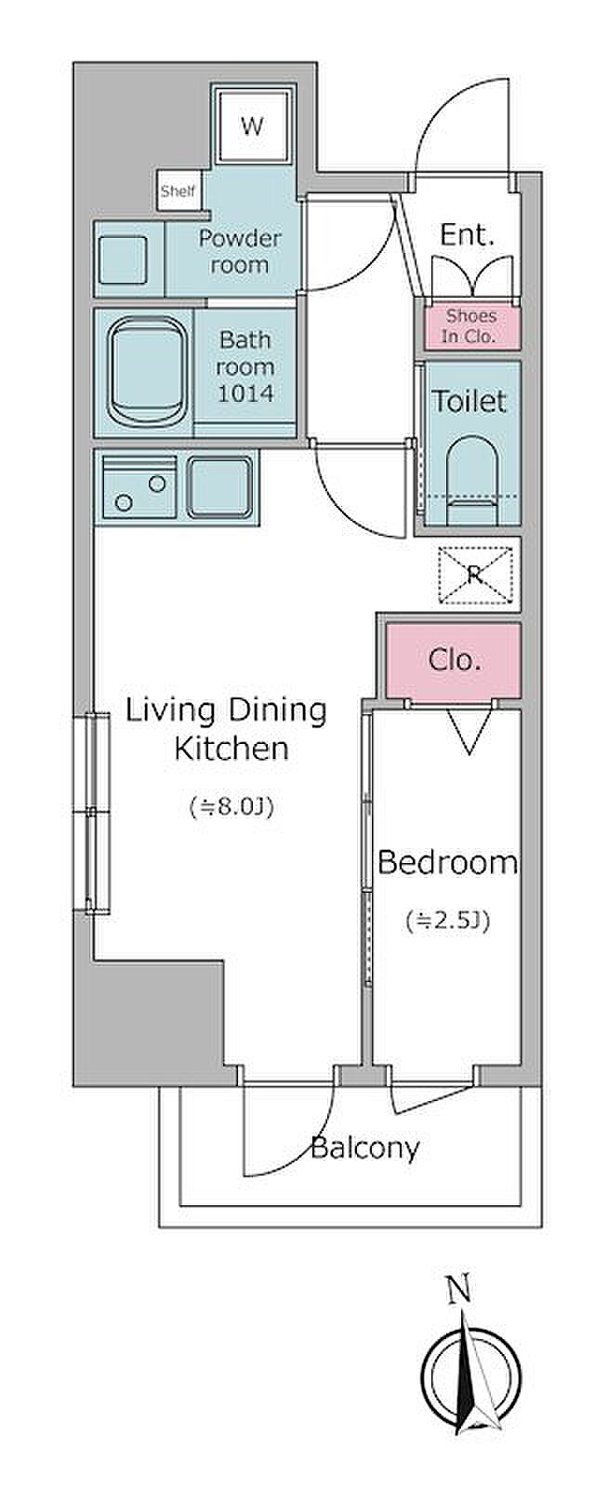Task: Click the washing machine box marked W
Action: point(252,125)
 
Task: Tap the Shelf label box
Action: point(178,192)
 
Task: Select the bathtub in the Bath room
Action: point(147,373)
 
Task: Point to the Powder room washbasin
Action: point(123,259)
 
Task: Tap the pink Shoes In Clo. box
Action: point(470,326)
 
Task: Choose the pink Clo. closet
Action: point(454,660)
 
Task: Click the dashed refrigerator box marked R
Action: point(475,576)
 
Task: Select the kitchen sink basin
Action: point(220,487)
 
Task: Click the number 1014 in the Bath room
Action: point(245,393)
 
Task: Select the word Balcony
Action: point(365,1149)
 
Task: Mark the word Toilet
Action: point(469,401)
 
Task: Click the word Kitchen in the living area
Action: point(231,749)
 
